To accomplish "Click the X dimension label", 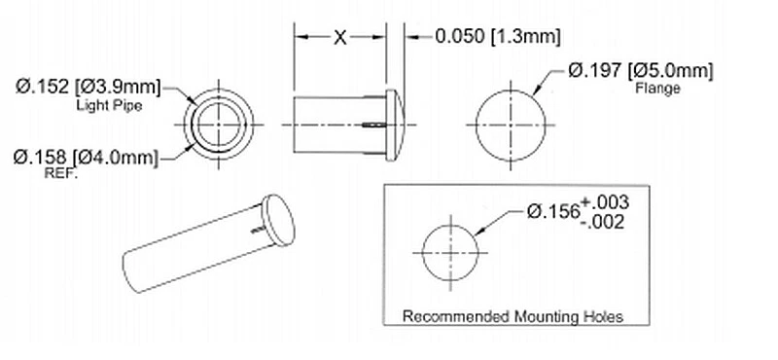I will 339,38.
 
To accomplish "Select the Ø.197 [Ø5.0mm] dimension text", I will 641,71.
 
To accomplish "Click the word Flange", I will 656,89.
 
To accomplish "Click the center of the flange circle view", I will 512,126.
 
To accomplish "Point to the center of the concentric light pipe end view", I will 222,126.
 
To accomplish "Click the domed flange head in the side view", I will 395,125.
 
